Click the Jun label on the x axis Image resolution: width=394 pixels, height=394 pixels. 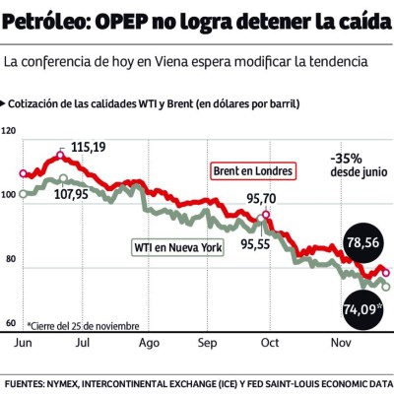click(22, 344)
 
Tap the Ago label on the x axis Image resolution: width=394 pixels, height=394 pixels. click(150, 344)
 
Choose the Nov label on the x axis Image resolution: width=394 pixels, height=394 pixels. click(340, 344)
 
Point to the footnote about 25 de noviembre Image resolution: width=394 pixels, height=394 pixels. click(84, 325)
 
